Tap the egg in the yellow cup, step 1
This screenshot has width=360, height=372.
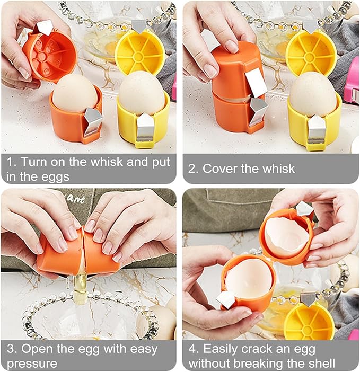pos(141,94)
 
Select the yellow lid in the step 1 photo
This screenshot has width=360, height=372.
pos(141,52)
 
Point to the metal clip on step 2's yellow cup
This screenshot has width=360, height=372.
pos(317,130)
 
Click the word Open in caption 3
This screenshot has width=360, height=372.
pos(37,349)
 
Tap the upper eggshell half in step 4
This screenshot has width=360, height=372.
pos(286,236)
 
